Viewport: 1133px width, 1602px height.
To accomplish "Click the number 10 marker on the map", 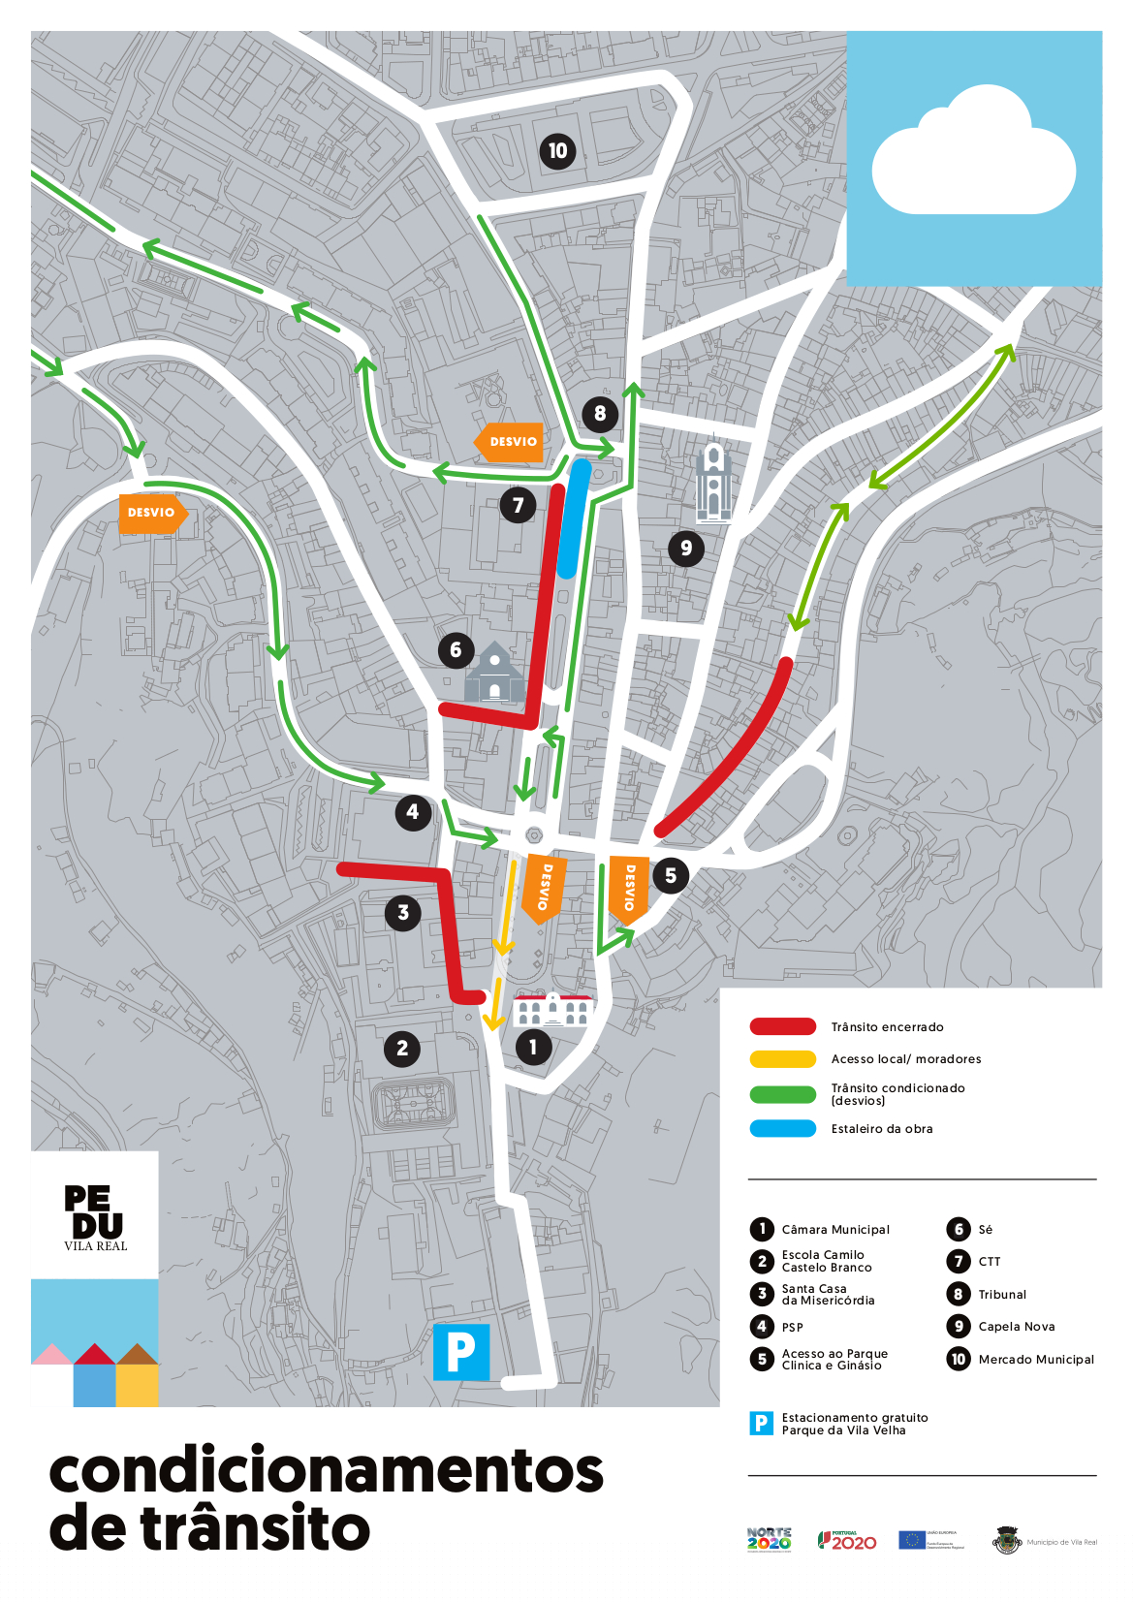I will pos(557,151).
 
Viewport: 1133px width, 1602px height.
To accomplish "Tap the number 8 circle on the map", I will pos(600,414).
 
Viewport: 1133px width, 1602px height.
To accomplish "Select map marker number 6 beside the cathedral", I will pos(456,650).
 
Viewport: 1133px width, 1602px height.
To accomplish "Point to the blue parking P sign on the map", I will pos(460,1351).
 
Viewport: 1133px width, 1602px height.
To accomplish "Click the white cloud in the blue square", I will pos(973,155).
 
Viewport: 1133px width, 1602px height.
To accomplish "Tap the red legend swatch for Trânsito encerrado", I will pos(782,1027).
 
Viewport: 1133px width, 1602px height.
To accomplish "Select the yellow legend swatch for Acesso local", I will pos(782,1059).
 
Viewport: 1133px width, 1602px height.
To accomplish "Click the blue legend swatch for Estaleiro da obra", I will pos(782,1129).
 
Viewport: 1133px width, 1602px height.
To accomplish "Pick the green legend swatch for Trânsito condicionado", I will pos(782,1094).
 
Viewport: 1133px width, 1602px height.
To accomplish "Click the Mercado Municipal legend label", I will pos(1036,1360).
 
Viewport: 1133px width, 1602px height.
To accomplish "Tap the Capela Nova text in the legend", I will pos(1016,1327).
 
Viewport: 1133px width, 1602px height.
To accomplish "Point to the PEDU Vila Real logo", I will pos(95,1217).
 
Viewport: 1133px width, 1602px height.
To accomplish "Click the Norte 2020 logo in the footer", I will pos(769,1540).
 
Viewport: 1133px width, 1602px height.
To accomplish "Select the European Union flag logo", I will pos(911,1540).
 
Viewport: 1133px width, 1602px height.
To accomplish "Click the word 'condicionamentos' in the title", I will pos(326,1471).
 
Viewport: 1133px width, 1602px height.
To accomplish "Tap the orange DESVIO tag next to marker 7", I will pos(509,442).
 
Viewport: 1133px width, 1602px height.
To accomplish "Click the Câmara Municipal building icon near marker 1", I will pos(551,1010).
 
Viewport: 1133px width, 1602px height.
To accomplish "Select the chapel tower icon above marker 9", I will pos(713,482).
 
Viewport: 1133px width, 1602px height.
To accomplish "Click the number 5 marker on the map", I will pos(671,876).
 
